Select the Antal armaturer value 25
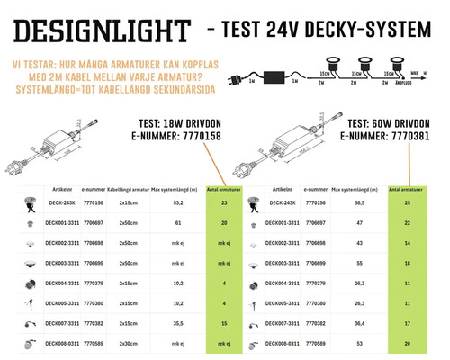pos(407,204)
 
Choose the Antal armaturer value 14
pos(407,243)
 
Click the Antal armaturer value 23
pos(223,204)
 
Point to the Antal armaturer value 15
pos(223,325)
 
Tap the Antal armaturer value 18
pos(407,264)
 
